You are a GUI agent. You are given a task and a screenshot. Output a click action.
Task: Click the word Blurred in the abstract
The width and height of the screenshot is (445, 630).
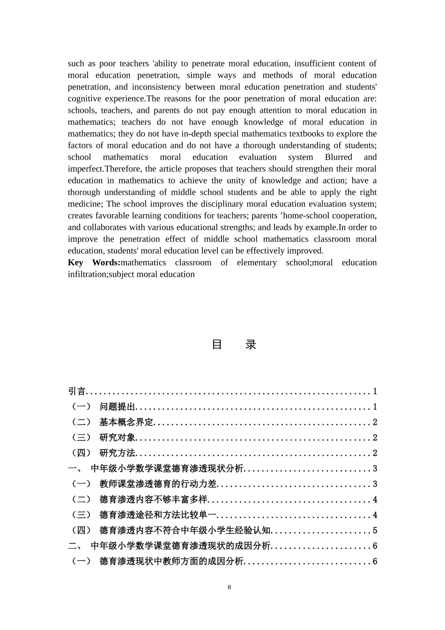tap(338, 157)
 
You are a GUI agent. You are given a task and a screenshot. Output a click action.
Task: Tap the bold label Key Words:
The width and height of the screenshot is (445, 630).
tap(94, 263)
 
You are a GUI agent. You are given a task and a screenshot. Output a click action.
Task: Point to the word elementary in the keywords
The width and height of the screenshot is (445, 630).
tap(257, 263)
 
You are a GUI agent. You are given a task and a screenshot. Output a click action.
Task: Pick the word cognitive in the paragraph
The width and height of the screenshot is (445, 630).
tap(84, 99)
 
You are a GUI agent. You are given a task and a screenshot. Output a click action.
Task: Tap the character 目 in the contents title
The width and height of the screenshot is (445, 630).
tap(217, 345)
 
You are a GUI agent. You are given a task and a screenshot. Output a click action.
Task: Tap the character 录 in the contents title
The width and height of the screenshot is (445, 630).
tap(251, 345)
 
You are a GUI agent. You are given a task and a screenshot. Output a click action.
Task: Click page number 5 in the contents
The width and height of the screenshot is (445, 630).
tap(375, 531)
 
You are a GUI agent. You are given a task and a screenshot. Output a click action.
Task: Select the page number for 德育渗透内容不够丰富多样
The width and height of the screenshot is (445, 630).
tap(375, 500)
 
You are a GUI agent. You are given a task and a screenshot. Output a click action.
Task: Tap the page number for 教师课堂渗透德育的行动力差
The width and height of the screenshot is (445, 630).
tap(375, 484)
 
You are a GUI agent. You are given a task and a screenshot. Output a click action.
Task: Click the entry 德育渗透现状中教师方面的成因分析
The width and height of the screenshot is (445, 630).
tap(171, 562)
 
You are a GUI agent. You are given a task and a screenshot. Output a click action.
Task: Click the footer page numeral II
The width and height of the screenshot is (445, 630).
tap(229, 587)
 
